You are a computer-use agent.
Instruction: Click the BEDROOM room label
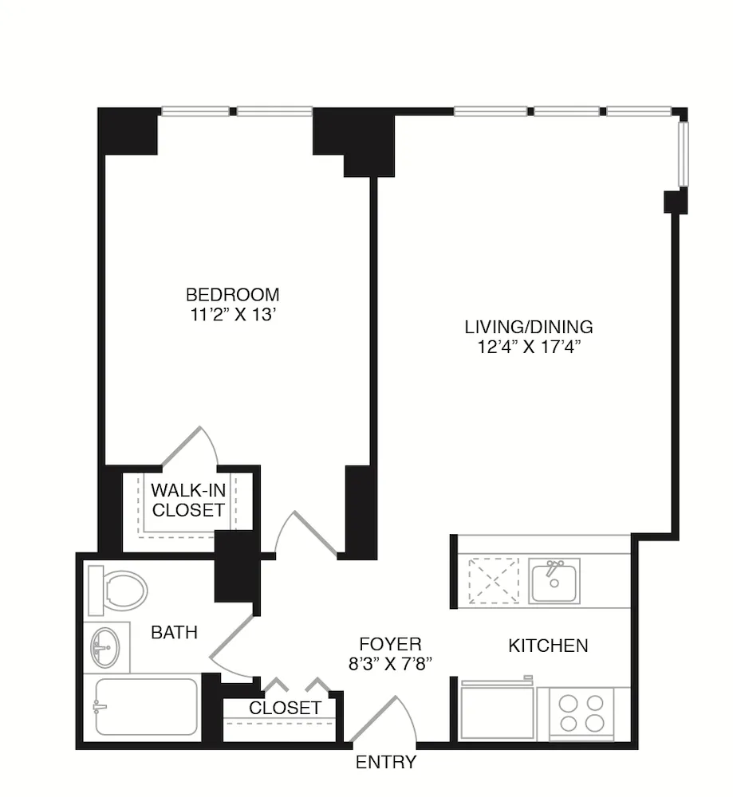233,293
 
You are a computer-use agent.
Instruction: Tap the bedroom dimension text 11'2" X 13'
233,315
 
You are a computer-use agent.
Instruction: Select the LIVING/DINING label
529,327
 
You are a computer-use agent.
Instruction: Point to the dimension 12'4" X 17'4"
529,347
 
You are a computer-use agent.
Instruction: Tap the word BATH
175,633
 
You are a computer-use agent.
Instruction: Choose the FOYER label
390,644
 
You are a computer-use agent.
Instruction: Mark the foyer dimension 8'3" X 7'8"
390,665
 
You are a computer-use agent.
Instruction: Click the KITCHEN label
549,646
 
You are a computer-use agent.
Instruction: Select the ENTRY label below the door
386,762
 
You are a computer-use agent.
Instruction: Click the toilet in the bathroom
118,591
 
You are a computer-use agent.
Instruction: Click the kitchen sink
554,580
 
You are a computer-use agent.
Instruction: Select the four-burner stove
582,713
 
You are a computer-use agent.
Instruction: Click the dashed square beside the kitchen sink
493,581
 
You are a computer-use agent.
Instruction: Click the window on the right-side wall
683,154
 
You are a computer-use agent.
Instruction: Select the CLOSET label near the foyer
286,708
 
